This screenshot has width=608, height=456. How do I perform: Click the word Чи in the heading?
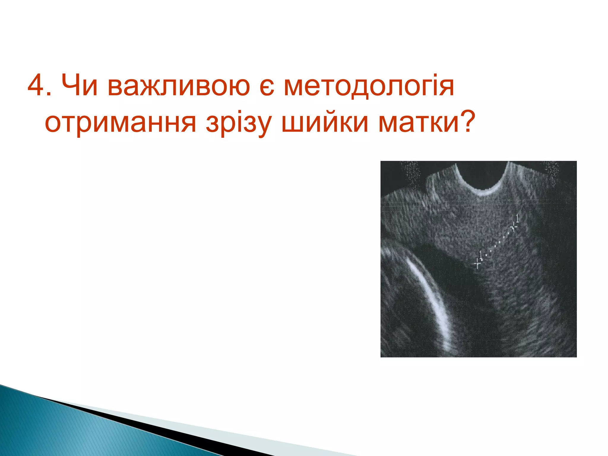[x=80, y=86]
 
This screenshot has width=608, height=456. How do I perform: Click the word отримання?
[x=120, y=123]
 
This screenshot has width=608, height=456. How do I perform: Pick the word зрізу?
[x=239, y=123]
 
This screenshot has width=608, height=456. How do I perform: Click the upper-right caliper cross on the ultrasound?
[x=514, y=227]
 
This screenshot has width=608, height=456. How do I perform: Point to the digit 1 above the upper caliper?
[x=518, y=218]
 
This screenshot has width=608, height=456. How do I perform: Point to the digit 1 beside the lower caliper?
[x=481, y=255]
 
